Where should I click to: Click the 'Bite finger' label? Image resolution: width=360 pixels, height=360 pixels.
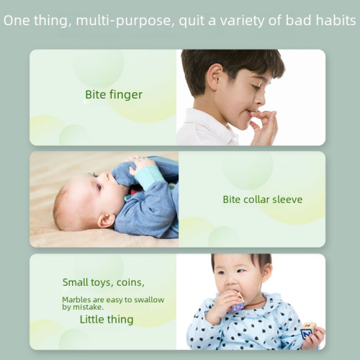coord(114,94)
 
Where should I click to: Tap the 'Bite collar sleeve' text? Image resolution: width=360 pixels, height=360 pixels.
coord(262,199)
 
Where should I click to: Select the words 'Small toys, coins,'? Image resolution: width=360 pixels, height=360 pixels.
coord(103,282)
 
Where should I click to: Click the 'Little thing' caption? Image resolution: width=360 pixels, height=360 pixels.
coord(106,319)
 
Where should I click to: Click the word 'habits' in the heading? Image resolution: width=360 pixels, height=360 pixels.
coord(336,20)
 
